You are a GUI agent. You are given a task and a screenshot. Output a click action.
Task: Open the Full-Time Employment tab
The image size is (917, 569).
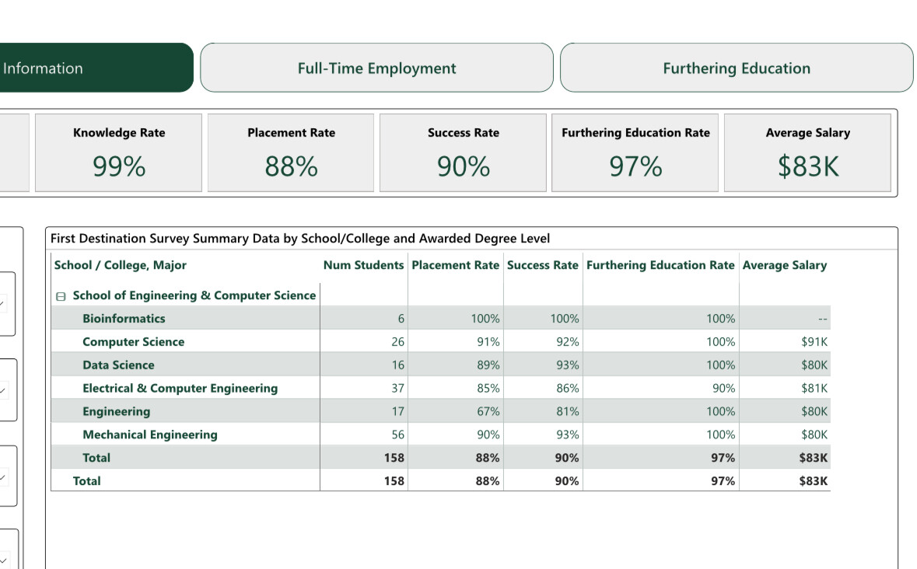(376, 68)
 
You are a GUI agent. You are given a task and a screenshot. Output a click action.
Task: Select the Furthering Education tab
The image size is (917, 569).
(736, 68)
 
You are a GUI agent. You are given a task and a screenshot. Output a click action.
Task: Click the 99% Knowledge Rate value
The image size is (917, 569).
(119, 166)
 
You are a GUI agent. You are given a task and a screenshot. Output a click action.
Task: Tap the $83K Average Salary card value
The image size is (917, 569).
(807, 166)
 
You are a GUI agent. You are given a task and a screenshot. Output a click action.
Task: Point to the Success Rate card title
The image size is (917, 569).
(464, 133)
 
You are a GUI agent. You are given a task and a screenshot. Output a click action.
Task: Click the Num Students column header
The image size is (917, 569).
(363, 265)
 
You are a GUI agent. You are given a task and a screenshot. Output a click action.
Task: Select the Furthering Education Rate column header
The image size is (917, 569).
(660, 265)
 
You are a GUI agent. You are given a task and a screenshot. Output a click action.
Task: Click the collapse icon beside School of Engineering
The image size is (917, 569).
(61, 296)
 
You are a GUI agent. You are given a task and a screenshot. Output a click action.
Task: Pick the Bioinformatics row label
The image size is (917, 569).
(124, 319)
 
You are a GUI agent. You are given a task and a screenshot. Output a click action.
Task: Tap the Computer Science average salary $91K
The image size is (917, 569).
(814, 342)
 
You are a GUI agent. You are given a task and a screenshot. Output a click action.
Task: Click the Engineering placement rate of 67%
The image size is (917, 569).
(488, 411)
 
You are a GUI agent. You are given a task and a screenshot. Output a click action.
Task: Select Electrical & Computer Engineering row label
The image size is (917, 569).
(180, 388)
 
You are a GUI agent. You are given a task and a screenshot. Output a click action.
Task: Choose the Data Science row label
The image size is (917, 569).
(118, 365)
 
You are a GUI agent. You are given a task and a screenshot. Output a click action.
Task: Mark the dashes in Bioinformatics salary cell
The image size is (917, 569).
(822, 319)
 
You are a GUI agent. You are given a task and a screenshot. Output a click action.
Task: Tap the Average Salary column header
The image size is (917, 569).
(784, 265)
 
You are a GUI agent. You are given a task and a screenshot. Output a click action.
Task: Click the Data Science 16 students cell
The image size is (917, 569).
(397, 365)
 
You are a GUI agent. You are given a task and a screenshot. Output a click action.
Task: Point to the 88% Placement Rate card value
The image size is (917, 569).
(291, 166)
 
